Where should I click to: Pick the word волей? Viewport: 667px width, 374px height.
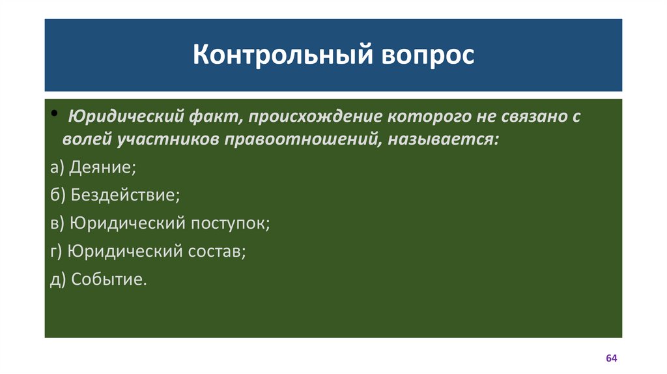click(88, 139)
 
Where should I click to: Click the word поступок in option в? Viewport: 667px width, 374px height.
click(231, 223)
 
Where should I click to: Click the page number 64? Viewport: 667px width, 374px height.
click(612, 359)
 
